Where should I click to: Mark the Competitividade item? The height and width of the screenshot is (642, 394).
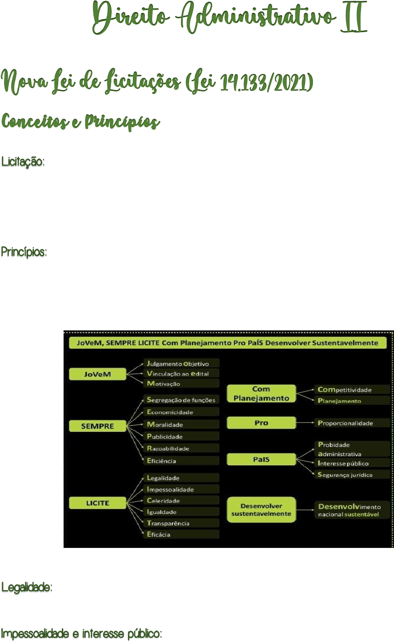coord(352,390)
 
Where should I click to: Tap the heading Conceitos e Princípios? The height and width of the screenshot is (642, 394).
coord(81,123)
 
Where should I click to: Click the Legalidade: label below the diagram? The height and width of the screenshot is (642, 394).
coord(27,587)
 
